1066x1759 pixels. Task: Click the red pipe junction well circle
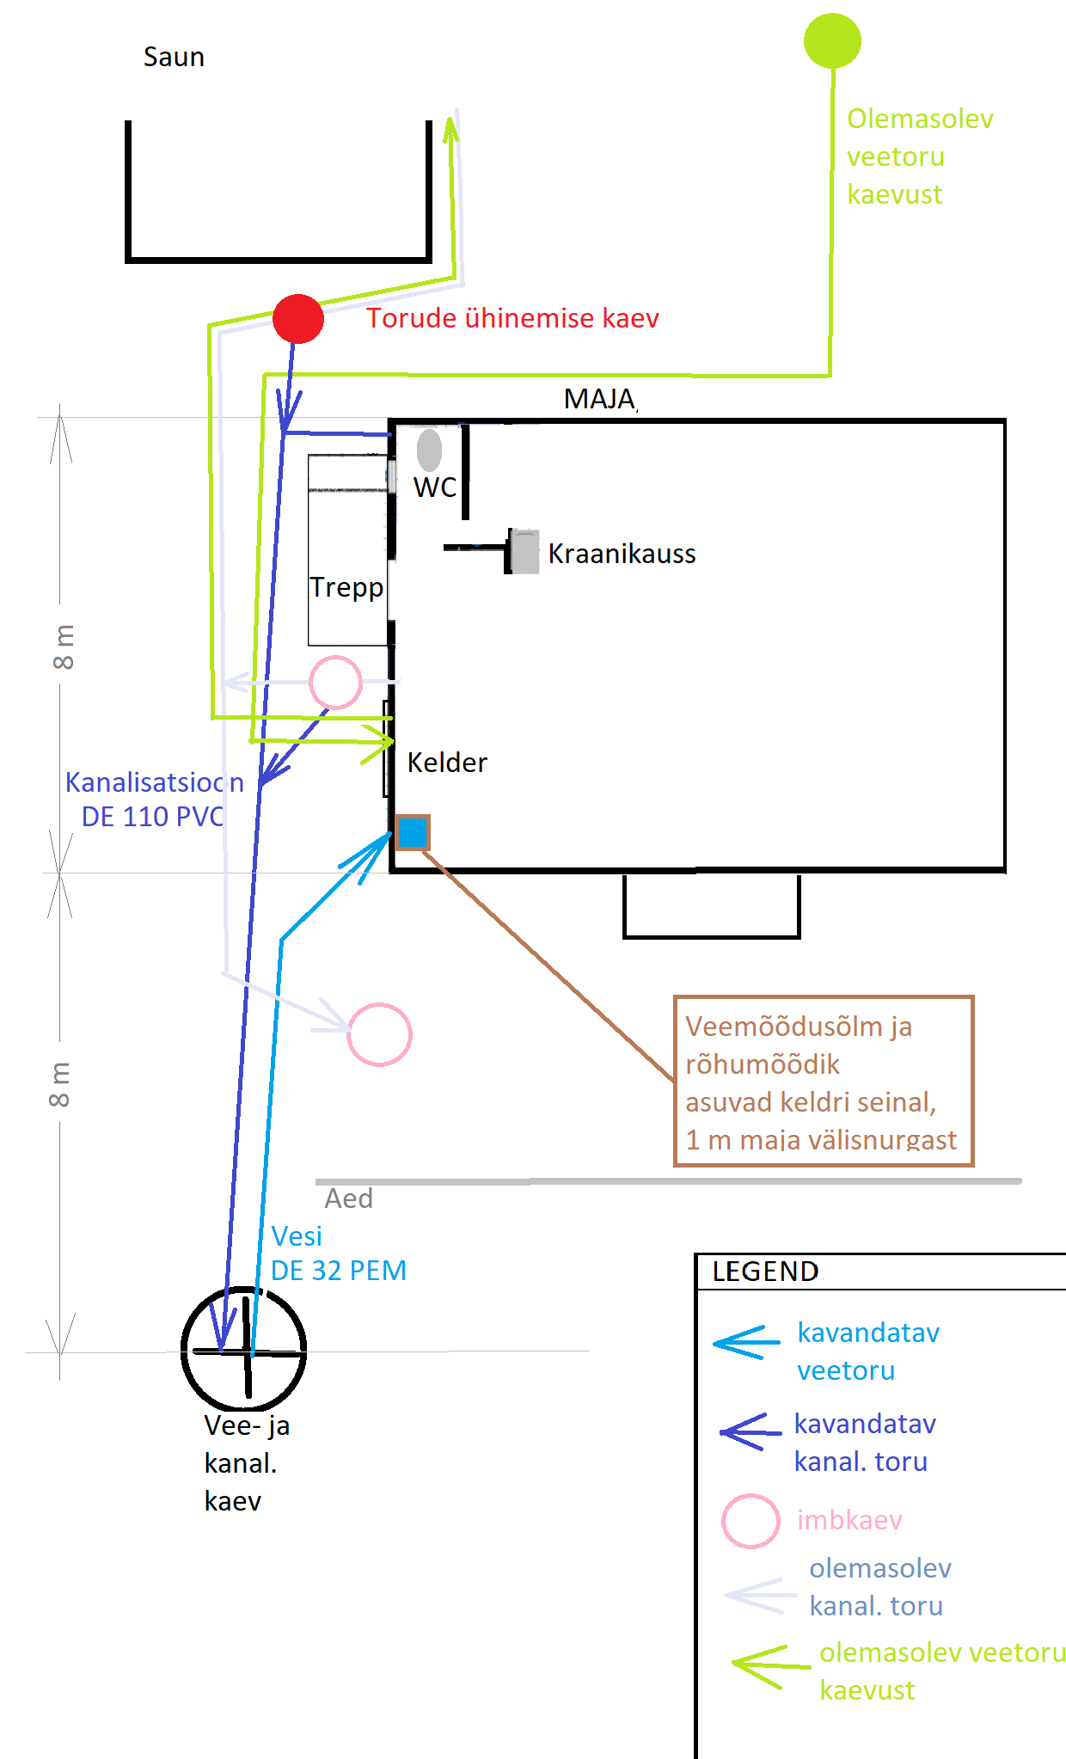(x=297, y=319)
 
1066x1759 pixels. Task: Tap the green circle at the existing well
(x=832, y=40)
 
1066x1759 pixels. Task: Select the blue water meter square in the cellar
(x=412, y=832)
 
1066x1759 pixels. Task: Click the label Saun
(x=174, y=58)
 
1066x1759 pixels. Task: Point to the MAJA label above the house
(x=599, y=399)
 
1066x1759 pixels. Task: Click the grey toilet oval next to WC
(x=429, y=449)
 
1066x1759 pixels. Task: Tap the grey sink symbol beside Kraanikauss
(x=524, y=551)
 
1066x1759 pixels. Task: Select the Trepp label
(x=346, y=587)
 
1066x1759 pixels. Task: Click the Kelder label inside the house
(x=447, y=763)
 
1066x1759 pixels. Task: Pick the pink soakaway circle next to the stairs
(x=335, y=682)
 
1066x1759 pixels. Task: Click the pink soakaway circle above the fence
(x=379, y=1034)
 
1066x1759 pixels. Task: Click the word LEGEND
(x=765, y=1272)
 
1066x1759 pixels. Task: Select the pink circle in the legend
(x=750, y=1521)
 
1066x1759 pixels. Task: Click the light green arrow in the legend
(x=769, y=1666)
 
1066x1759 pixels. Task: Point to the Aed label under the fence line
(x=348, y=1198)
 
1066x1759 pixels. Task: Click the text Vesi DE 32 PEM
(x=338, y=1253)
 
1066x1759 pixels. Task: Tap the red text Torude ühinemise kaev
(x=512, y=318)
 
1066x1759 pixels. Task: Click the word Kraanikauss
(x=622, y=554)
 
